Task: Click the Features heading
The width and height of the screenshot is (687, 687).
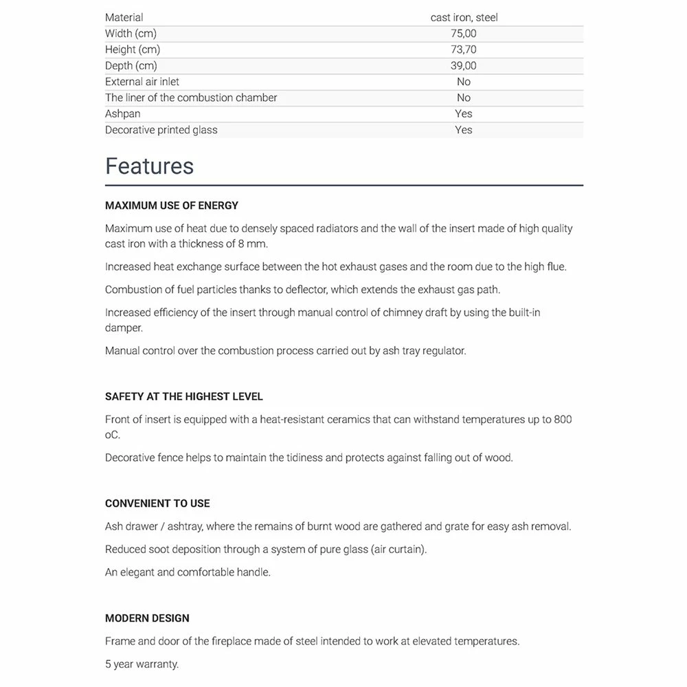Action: coord(149,166)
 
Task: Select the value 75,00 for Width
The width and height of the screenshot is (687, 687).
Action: coord(464,34)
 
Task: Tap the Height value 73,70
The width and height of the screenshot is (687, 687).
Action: coord(464,49)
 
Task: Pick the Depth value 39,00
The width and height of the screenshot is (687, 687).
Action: coord(464,66)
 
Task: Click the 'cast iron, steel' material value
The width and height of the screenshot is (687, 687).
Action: coord(464,17)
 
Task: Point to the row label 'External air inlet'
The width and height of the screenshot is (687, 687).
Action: coord(142,82)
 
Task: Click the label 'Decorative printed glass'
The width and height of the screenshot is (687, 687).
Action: coord(161,130)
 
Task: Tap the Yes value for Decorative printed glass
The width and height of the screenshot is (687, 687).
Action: coord(464,130)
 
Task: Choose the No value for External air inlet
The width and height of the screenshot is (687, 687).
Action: coord(464,82)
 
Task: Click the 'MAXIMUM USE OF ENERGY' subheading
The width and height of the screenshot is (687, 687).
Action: coord(172,205)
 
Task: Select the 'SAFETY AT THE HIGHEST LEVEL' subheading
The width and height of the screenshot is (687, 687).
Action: coord(184,396)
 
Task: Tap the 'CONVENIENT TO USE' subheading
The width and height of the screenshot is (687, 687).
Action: coord(157,504)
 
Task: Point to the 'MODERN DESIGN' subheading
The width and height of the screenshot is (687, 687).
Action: coord(147,618)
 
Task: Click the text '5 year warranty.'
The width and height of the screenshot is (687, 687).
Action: coord(142,664)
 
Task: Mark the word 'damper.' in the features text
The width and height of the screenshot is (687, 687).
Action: coord(124,328)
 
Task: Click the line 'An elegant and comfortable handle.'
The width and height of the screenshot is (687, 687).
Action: coord(188,572)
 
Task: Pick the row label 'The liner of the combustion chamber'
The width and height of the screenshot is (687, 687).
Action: coord(191,98)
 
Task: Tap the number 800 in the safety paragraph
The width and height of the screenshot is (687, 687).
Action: coord(562,419)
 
